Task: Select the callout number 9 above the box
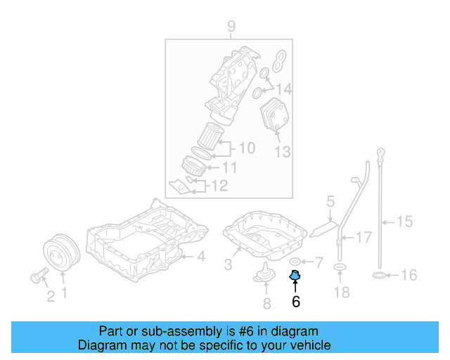[x=231, y=28]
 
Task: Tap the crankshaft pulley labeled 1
[x=59, y=255]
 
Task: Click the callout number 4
[x=200, y=257]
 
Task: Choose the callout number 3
[x=228, y=264]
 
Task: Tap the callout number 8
[x=266, y=304]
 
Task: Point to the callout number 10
[x=246, y=148]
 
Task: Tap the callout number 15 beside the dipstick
[x=404, y=222]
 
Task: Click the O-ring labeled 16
[x=378, y=274]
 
